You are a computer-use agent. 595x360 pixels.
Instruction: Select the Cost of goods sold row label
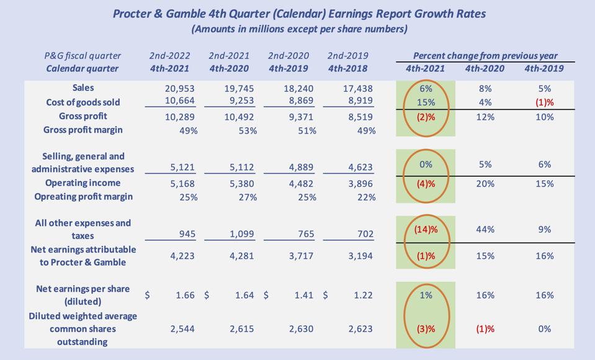[83, 102]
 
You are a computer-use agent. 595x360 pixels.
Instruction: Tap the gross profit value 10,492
[238, 116]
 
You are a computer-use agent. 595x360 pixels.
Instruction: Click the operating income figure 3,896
[360, 183]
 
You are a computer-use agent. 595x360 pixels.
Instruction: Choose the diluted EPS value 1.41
[303, 295]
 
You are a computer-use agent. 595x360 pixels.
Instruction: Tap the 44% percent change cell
[485, 229]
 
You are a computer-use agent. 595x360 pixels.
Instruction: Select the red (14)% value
[426, 229]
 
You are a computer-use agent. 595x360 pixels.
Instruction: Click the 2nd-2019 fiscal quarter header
[347, 56]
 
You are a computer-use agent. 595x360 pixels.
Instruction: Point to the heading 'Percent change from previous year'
[485, 56]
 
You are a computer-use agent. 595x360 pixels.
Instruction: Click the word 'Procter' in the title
[135, 13]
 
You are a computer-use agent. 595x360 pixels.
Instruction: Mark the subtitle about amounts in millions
[299, 29]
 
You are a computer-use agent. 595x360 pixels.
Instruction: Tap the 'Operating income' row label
[83, 183]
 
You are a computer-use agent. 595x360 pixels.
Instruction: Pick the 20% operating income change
[485, 184]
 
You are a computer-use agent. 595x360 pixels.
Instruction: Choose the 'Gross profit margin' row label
[83, 130]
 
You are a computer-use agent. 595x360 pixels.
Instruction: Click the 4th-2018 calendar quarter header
[347, 68]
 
